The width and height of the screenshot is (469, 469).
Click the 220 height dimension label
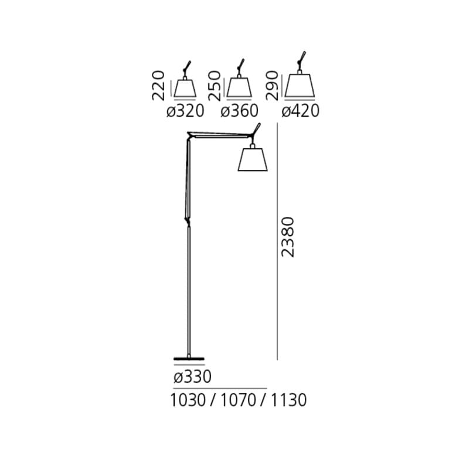click(x=158, y=85)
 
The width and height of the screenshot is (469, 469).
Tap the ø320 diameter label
click(x=185, y=111)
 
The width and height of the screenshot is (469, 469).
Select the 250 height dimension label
click(x=215, y=86)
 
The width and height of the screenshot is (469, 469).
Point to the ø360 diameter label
click(x=239, y=111)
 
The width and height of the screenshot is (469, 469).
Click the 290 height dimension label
click(x=272, y=85)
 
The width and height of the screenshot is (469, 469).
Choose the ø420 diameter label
click(x=301, y=111)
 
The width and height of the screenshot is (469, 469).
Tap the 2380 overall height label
click(x=288, y=237)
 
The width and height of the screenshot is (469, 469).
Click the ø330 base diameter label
click(x=192, y=376)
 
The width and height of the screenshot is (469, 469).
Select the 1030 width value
click(x=188, y=400)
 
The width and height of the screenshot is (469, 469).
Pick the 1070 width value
click(x=239, y=400)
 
